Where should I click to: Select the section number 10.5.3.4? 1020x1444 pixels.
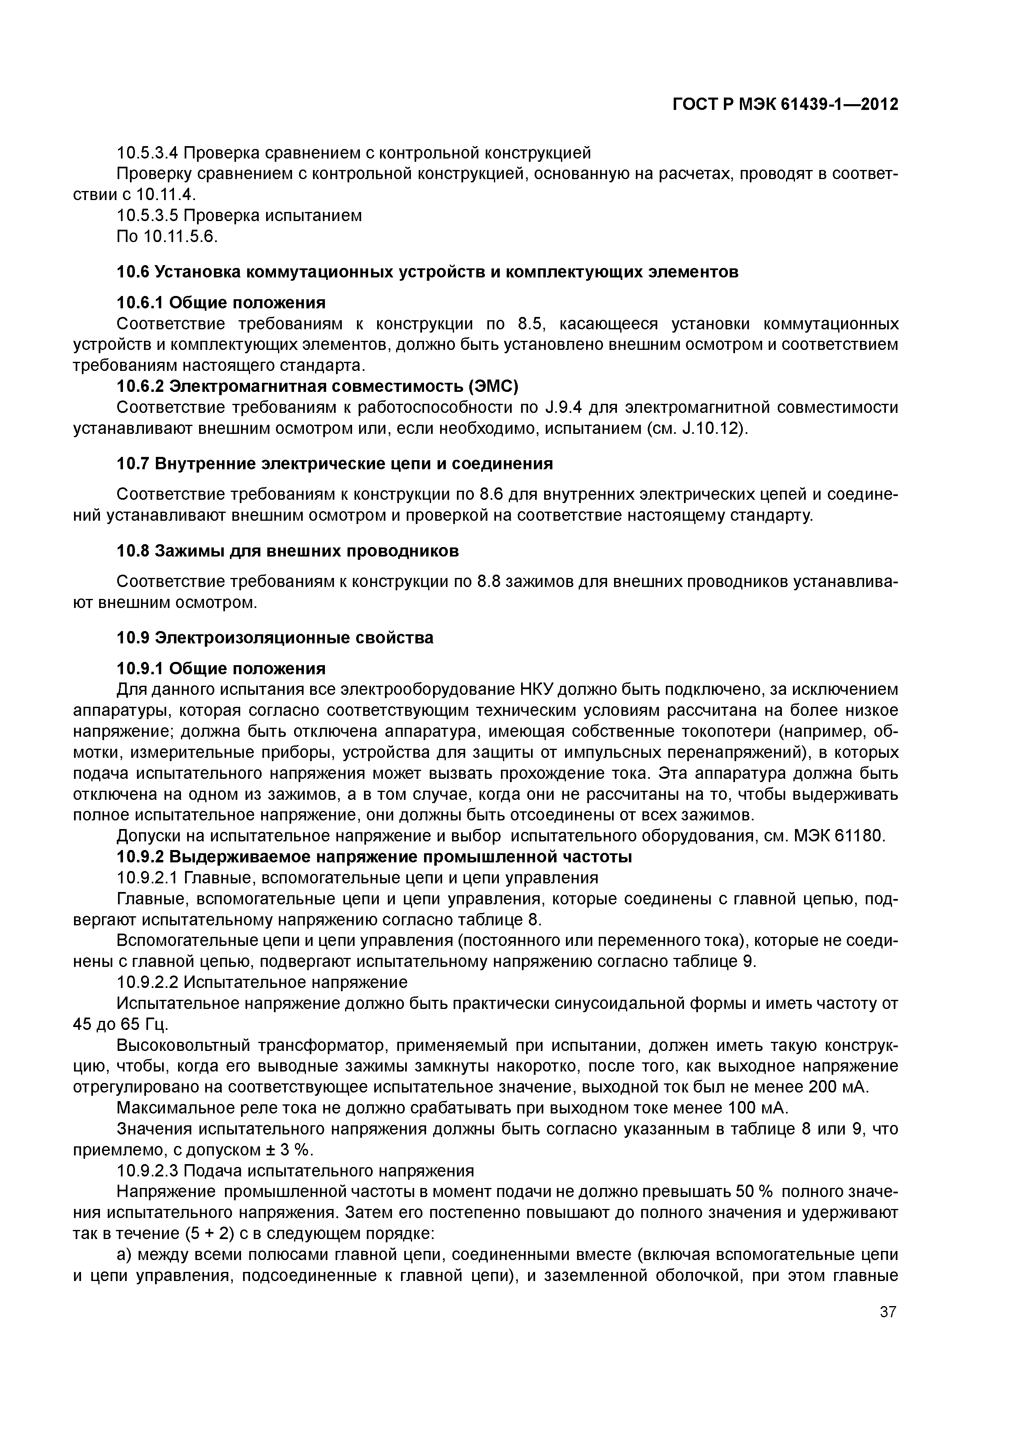[x=148, y=153]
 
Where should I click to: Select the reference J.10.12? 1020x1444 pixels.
[x=709, y=429]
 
